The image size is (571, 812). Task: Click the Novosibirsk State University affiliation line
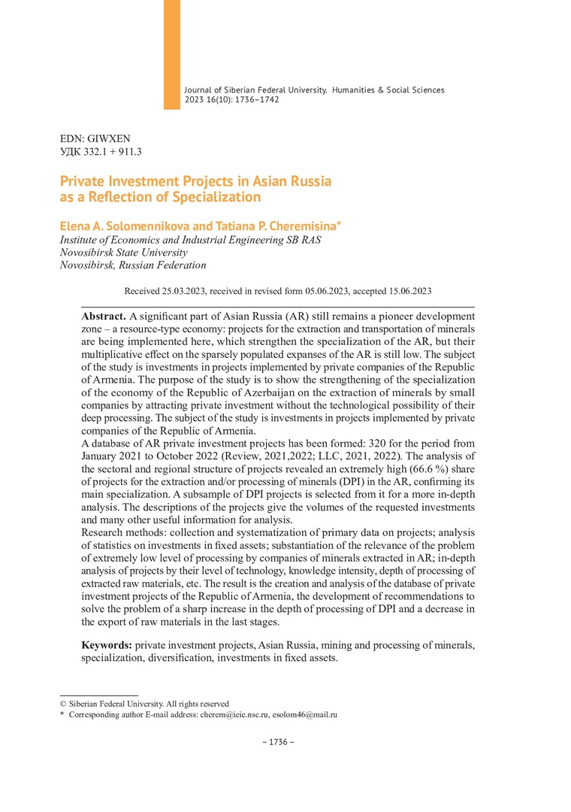[124, 252]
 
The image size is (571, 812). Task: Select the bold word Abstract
[104, 316]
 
